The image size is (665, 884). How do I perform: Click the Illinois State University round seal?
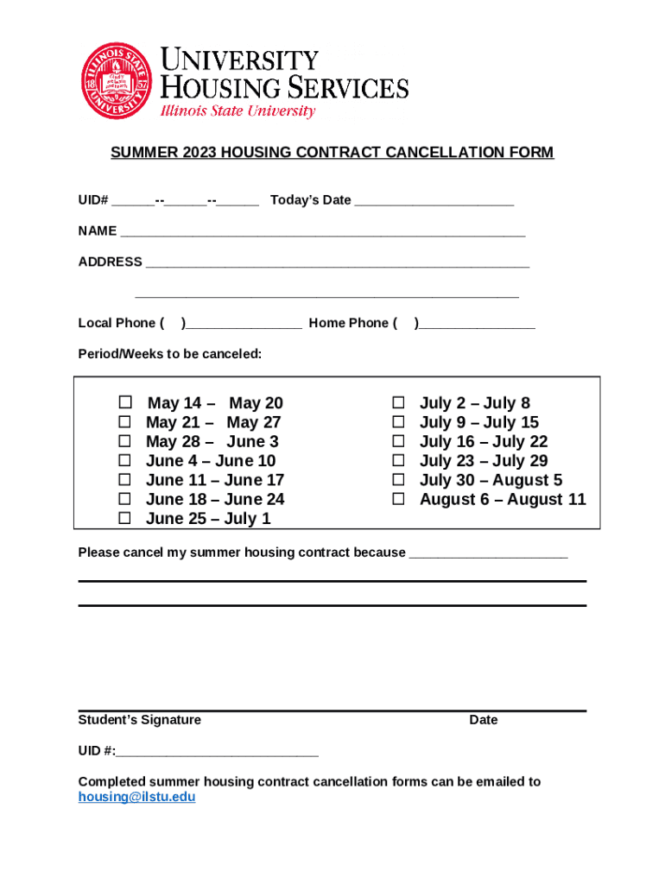coord(117,81)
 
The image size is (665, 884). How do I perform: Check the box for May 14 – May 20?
coord(125,403)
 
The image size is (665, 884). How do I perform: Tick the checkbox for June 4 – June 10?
coord(125,460)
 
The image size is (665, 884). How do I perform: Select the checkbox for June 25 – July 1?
coord(125,518)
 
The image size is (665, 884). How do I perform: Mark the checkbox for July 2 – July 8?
coord(399,403)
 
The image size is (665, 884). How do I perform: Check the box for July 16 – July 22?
coord(399,441)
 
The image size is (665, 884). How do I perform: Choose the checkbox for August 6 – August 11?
coord(399,499)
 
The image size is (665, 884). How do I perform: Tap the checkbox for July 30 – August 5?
coord(399,480)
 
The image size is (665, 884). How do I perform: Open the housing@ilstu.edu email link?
coord(136,797)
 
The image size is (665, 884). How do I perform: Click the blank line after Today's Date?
coord(434,202)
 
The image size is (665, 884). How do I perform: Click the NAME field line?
coord(322,233)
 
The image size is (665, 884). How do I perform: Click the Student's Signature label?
coord(139,720)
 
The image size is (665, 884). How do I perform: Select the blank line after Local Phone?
coord(244,325)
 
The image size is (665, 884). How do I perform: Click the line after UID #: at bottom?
coord(217,753)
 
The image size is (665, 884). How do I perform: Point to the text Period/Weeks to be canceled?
coord(169,354)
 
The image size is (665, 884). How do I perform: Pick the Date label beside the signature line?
coord(483,720)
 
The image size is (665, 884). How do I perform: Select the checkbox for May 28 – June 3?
coord(125,441)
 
